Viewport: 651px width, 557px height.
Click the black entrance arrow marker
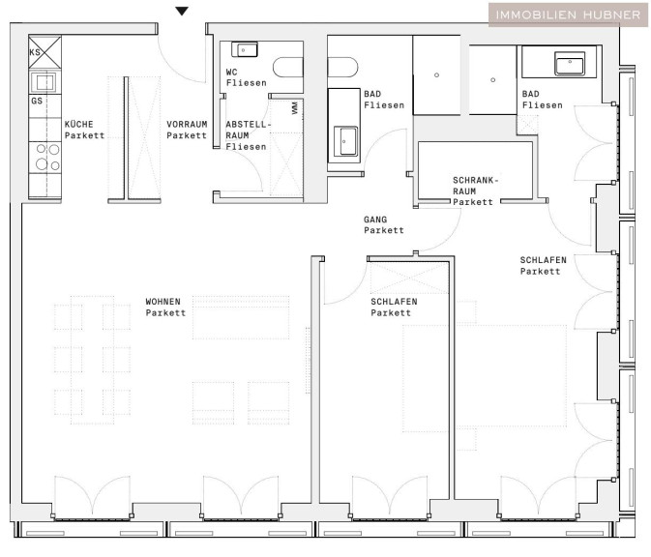coord(182,11)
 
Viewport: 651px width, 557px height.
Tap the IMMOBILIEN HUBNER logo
coord(568,15)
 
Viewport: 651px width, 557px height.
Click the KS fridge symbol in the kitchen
coord(44,52)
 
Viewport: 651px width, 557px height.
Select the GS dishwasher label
coord(37,101)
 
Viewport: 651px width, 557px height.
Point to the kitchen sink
coord(44,82)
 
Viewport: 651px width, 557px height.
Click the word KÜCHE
coord(79,124)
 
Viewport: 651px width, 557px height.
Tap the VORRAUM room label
coord(187,124)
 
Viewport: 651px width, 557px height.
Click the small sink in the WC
coord(245,50)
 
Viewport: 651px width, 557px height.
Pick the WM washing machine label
coord(295,108)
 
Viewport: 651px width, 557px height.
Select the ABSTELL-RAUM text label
coord(248,130)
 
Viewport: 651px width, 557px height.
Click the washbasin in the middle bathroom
coord(345,141)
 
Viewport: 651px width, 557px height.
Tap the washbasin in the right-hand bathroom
coord(570,64)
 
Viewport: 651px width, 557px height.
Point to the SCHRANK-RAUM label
coord(475,186)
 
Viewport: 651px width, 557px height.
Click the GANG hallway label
coord(375,220)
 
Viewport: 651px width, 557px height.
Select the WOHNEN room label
coord(163,302)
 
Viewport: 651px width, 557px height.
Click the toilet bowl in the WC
coord(287,68)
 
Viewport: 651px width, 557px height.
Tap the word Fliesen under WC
coord(247,83)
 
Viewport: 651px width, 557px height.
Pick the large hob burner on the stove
coord(42,164)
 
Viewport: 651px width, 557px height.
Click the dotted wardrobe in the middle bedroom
coord(409,278)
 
